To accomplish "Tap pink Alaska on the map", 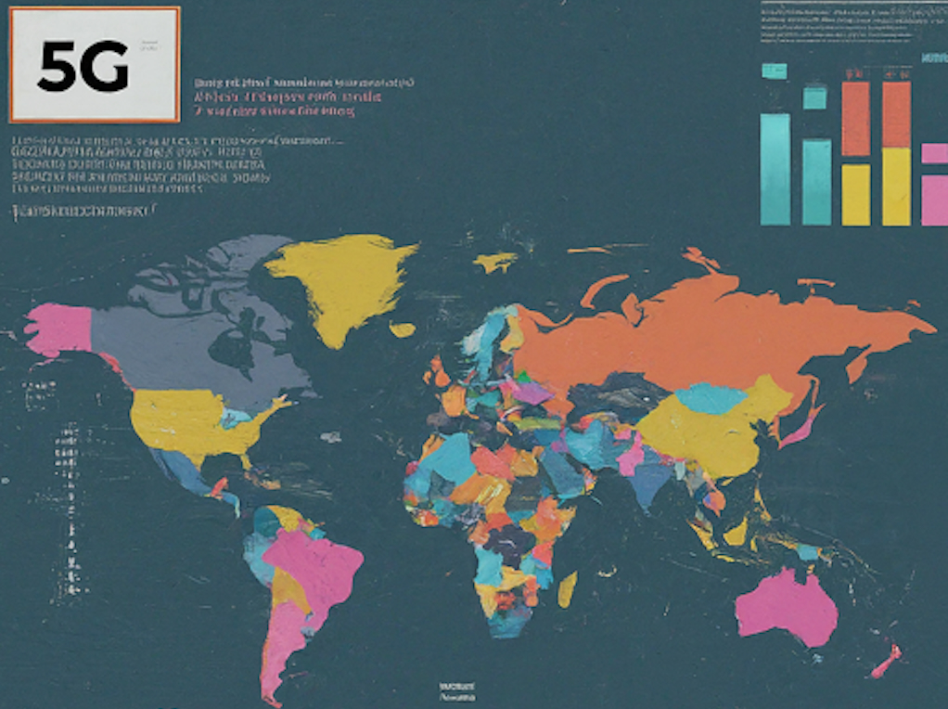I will point(58,329).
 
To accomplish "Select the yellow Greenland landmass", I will point(342,279).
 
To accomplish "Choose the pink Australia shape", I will point(784,604).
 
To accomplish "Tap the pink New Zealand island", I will point(886,661).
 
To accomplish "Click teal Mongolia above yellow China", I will point(711,397).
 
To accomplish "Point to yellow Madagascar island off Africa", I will point(567,588).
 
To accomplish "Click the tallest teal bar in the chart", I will point(775,169).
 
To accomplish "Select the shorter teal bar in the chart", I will point(816,182).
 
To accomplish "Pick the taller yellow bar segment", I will point(896,187).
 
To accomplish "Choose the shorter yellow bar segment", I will point(855,195).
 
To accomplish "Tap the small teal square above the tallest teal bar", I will point(774,71).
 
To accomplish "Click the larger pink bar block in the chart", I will point(934,200).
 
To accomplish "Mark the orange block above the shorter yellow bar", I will point(855,119).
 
